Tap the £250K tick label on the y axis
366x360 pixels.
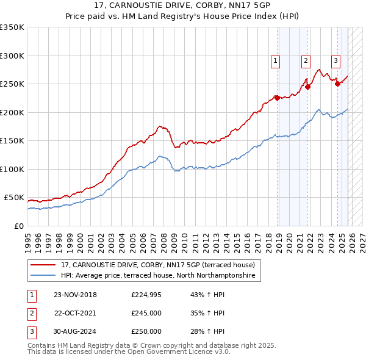pos(12,84)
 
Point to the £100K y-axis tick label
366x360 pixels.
pos(12,169)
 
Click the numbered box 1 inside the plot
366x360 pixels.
pos(275,60)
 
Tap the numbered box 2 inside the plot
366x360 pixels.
pos(305,60)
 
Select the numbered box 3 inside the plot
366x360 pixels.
pos(335,60)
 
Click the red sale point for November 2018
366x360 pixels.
pos(277,98)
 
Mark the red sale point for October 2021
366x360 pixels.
pos(308,87)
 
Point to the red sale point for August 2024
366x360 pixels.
pos(337,84)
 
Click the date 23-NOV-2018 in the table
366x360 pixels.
pos(75,295)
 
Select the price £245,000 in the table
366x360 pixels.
pos(146,313)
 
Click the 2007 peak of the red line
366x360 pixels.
pos(160,126)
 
